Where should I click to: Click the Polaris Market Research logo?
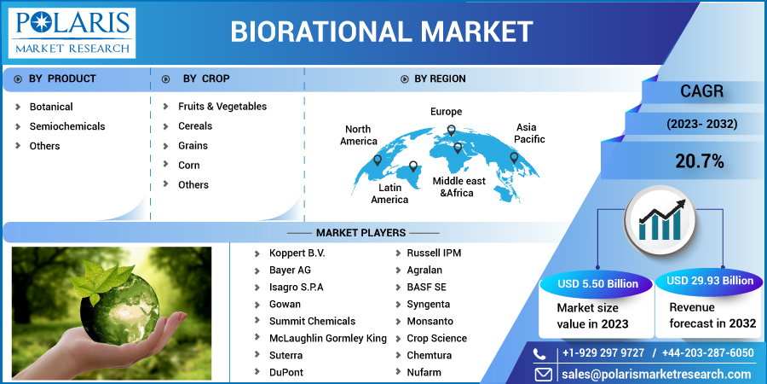(x=72, y=32)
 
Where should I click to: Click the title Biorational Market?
(x=382, y=32)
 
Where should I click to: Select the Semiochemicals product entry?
(x=67, y=126)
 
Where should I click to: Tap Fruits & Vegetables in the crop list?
(x=222, y=107)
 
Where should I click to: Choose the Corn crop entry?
(x=188, y=166)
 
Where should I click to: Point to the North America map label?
(x=359, y=135)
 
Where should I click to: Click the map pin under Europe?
(x=452, y=131)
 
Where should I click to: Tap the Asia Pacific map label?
(x=529, y=133)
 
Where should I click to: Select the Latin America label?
(x=389, y=193)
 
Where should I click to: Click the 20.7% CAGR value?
(x=700, y=160)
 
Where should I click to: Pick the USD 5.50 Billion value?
(x=597, y=283)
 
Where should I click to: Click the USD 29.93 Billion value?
(x=710, y=281)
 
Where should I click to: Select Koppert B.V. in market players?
(x=297, y=253)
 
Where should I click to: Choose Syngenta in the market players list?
(x=428, y=305)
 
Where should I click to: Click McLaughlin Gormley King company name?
(x=327, y=339)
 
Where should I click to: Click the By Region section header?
(x=440, y=79)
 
